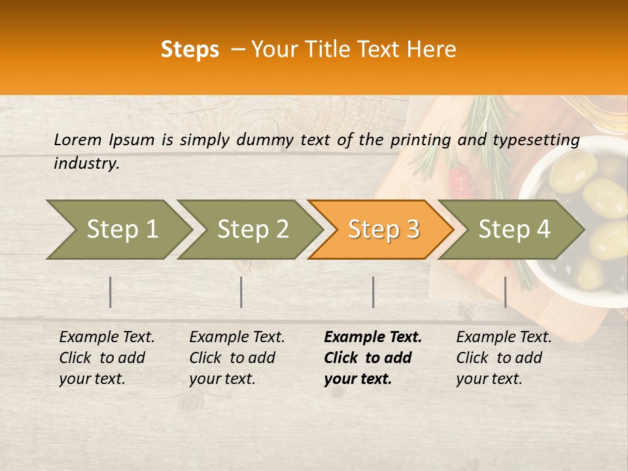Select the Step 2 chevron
253,230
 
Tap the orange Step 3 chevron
383,230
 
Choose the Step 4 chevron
514,230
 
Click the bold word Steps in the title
190,50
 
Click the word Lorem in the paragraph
78,140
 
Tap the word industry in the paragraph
86,164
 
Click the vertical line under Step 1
111,292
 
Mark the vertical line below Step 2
241,292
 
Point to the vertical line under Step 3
373,292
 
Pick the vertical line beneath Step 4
505,292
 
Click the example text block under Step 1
107,358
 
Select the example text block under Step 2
237,358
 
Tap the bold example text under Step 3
373,358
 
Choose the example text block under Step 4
504,358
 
